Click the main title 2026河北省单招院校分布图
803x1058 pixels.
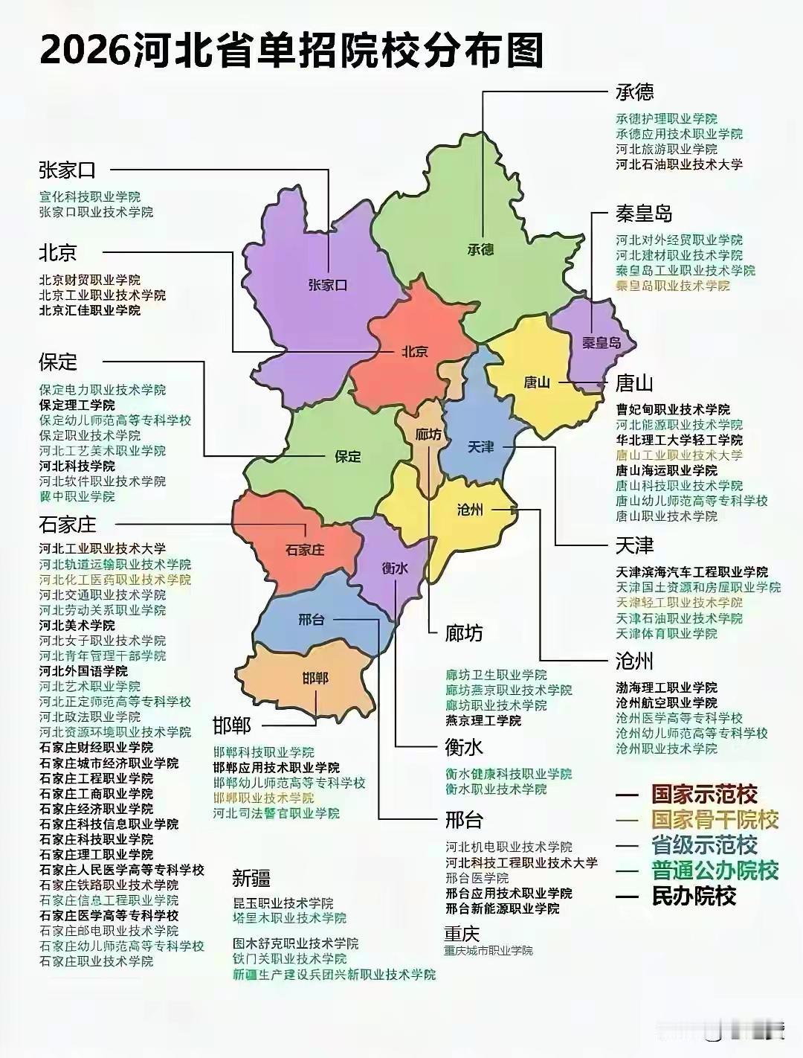click(x=291, y=51)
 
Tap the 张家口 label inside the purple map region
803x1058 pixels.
click(x=328, y=285)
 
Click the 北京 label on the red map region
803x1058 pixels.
click(x=414, y=351)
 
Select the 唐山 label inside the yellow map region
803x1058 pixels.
click(x=536, y=382)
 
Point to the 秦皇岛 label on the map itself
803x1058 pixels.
click(x=600, y=343)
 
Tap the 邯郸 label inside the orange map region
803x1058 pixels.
click(x=315, y=678)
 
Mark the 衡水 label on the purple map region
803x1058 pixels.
click(x=395, y=568)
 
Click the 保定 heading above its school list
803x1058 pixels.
click(x=58, y=362)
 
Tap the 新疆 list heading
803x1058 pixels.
click(x=251, y=878)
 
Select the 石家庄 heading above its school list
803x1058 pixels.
click(x=68, y=525)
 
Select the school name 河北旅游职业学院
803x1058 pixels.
click(x=666, y=150)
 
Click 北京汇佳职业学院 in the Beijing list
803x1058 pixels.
click(x=90, y=310)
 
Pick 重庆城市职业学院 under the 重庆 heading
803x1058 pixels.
click(x=488, y=951)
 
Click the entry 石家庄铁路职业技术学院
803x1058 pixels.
click(x=109, y=885)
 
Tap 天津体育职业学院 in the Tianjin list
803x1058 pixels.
click(x=666, y=633)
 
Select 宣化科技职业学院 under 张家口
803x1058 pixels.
click(x=90, y=197)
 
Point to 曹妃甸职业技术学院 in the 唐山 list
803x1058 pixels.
click(x=673, y=409)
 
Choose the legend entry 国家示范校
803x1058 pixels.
click(x=704, y=794)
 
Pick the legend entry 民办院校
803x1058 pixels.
click(x=694, y=896)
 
